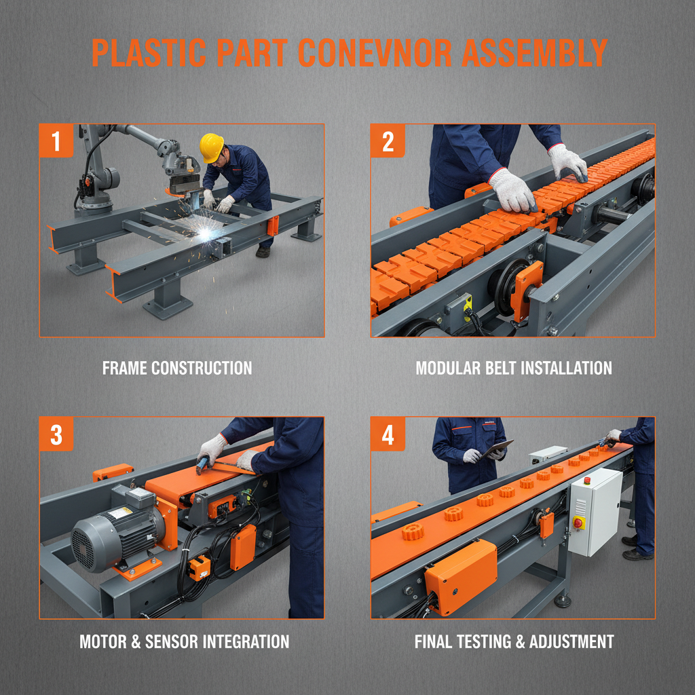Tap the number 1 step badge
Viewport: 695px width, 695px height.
[x=56, y=141]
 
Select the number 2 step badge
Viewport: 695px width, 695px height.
[x=388, y=141]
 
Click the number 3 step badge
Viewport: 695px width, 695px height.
[x=56, y=434]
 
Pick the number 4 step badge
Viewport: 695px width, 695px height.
[x=388, y=434]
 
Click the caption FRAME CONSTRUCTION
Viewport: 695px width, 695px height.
[x=177, y=369]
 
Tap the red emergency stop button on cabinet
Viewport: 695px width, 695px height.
[x=578, y=523]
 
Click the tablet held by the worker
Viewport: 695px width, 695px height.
[x=499, y=449]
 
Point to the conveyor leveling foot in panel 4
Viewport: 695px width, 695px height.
[x=561, y=600]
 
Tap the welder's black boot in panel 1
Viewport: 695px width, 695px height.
[x=263, y=252]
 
